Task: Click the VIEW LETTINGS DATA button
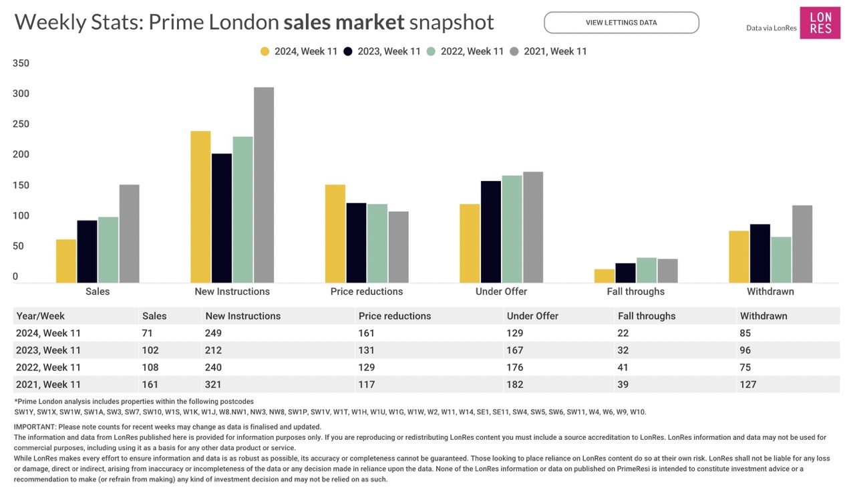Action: click(x=621, y=23)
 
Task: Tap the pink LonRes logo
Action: click(x=820, y=23)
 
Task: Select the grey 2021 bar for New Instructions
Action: click(x=264, y=185)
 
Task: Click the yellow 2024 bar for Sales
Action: click(x=66, y=261)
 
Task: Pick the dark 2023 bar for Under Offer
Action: click(x=491, y=231)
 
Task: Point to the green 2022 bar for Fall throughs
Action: click(x=647, y=270)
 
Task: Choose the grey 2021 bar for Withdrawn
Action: click(x=802, y=244)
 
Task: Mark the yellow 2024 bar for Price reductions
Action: click(x=335, y=233)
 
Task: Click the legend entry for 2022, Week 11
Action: click(x=466, y=51)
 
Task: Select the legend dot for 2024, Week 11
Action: click(x=265, y=51)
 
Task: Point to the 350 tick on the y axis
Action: click(x=21, y=64)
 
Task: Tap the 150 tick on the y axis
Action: click(x=21, y=185)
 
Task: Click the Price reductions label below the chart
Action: click(x=367, y=291)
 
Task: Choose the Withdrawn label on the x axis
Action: click(x=770, y=291)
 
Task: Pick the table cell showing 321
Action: click(x=214, y=384)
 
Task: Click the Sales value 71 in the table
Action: click(x=148, y=333)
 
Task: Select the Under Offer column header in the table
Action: click(x=532, y=316)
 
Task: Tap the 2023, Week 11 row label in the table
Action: click(x=48, y=350)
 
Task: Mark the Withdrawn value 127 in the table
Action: click(x=748, y=384)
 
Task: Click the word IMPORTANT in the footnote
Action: click(x=35, y=426)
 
